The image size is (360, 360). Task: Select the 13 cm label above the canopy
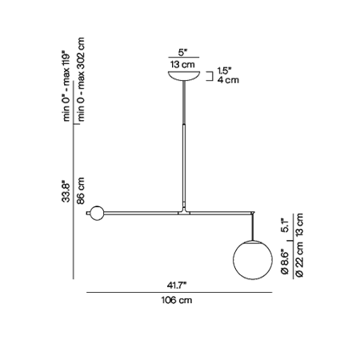point(182,64)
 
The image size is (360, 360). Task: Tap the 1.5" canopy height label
point(224,70)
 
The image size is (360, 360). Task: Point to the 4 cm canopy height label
point(228,80)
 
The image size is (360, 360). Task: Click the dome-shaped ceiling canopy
point(184,75)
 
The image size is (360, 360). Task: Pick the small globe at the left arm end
point(97,213)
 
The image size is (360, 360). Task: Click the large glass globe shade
point(253,260)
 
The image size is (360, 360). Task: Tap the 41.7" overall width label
point(176,286)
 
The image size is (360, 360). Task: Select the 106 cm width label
point(177,300)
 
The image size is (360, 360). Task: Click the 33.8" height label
point(66,192)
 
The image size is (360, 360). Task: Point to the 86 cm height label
point(80,190)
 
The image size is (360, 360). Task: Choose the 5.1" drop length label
point(286,226)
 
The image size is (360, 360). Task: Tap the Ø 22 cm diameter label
point(300,259)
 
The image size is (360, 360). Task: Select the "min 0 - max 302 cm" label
point(81,79)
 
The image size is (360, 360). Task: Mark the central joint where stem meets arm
point(184,211)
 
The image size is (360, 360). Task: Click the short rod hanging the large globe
point(253,226)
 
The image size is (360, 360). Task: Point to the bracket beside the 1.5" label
point(210,75)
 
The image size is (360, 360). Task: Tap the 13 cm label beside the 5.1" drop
point(300,225)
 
